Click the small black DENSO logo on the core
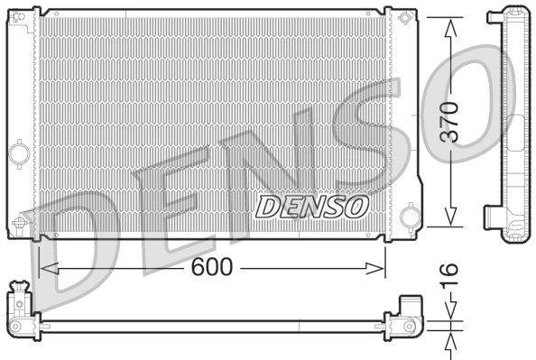click(312, 206)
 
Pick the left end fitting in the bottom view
click(20, 310)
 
